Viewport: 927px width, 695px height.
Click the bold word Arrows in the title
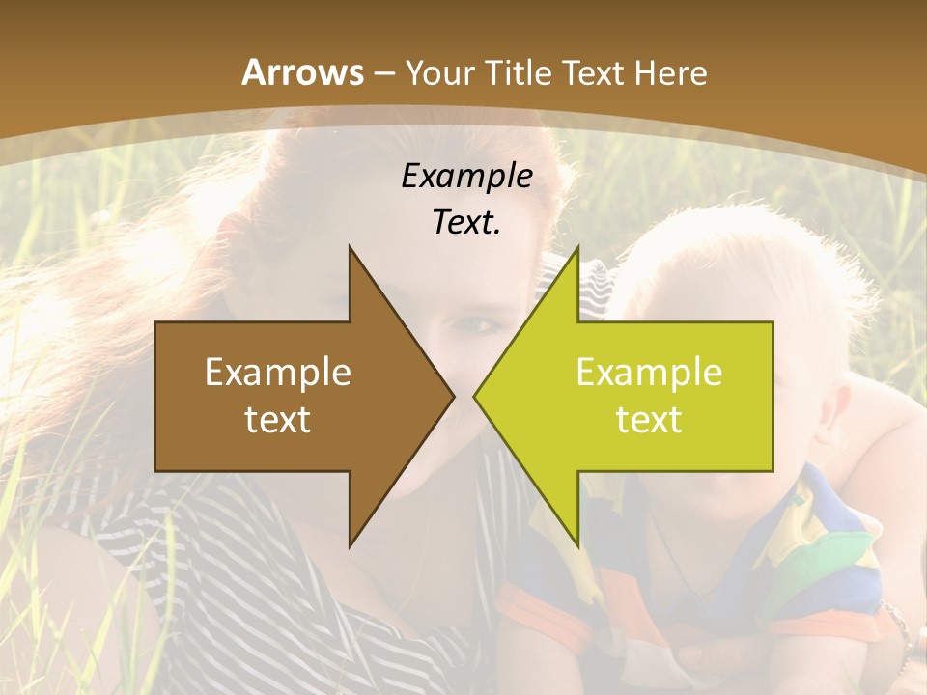pyautogui.click(x=303, y=72)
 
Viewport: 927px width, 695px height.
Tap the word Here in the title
pyautogui.click(x=673, y=73)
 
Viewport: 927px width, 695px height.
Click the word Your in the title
pyautogui.click(x=439, y=73)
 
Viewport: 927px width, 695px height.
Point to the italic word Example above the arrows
pyautogui.click(x=466, y=177)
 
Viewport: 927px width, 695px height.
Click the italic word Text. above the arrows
pyautogui.click(x=466, y=223)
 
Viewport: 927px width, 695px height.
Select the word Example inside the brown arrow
pyautogui.click(x=277, y=373)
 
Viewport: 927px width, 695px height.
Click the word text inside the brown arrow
pyautogui.click(x=277, y=419)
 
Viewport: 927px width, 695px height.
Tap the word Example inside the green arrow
pyautogui.click(x=649, y=373)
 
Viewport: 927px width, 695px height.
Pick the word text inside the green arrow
pyautogui.click(x=649, y=419)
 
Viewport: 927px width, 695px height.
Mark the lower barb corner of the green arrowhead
pyautogui.click(x=577, y=545)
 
